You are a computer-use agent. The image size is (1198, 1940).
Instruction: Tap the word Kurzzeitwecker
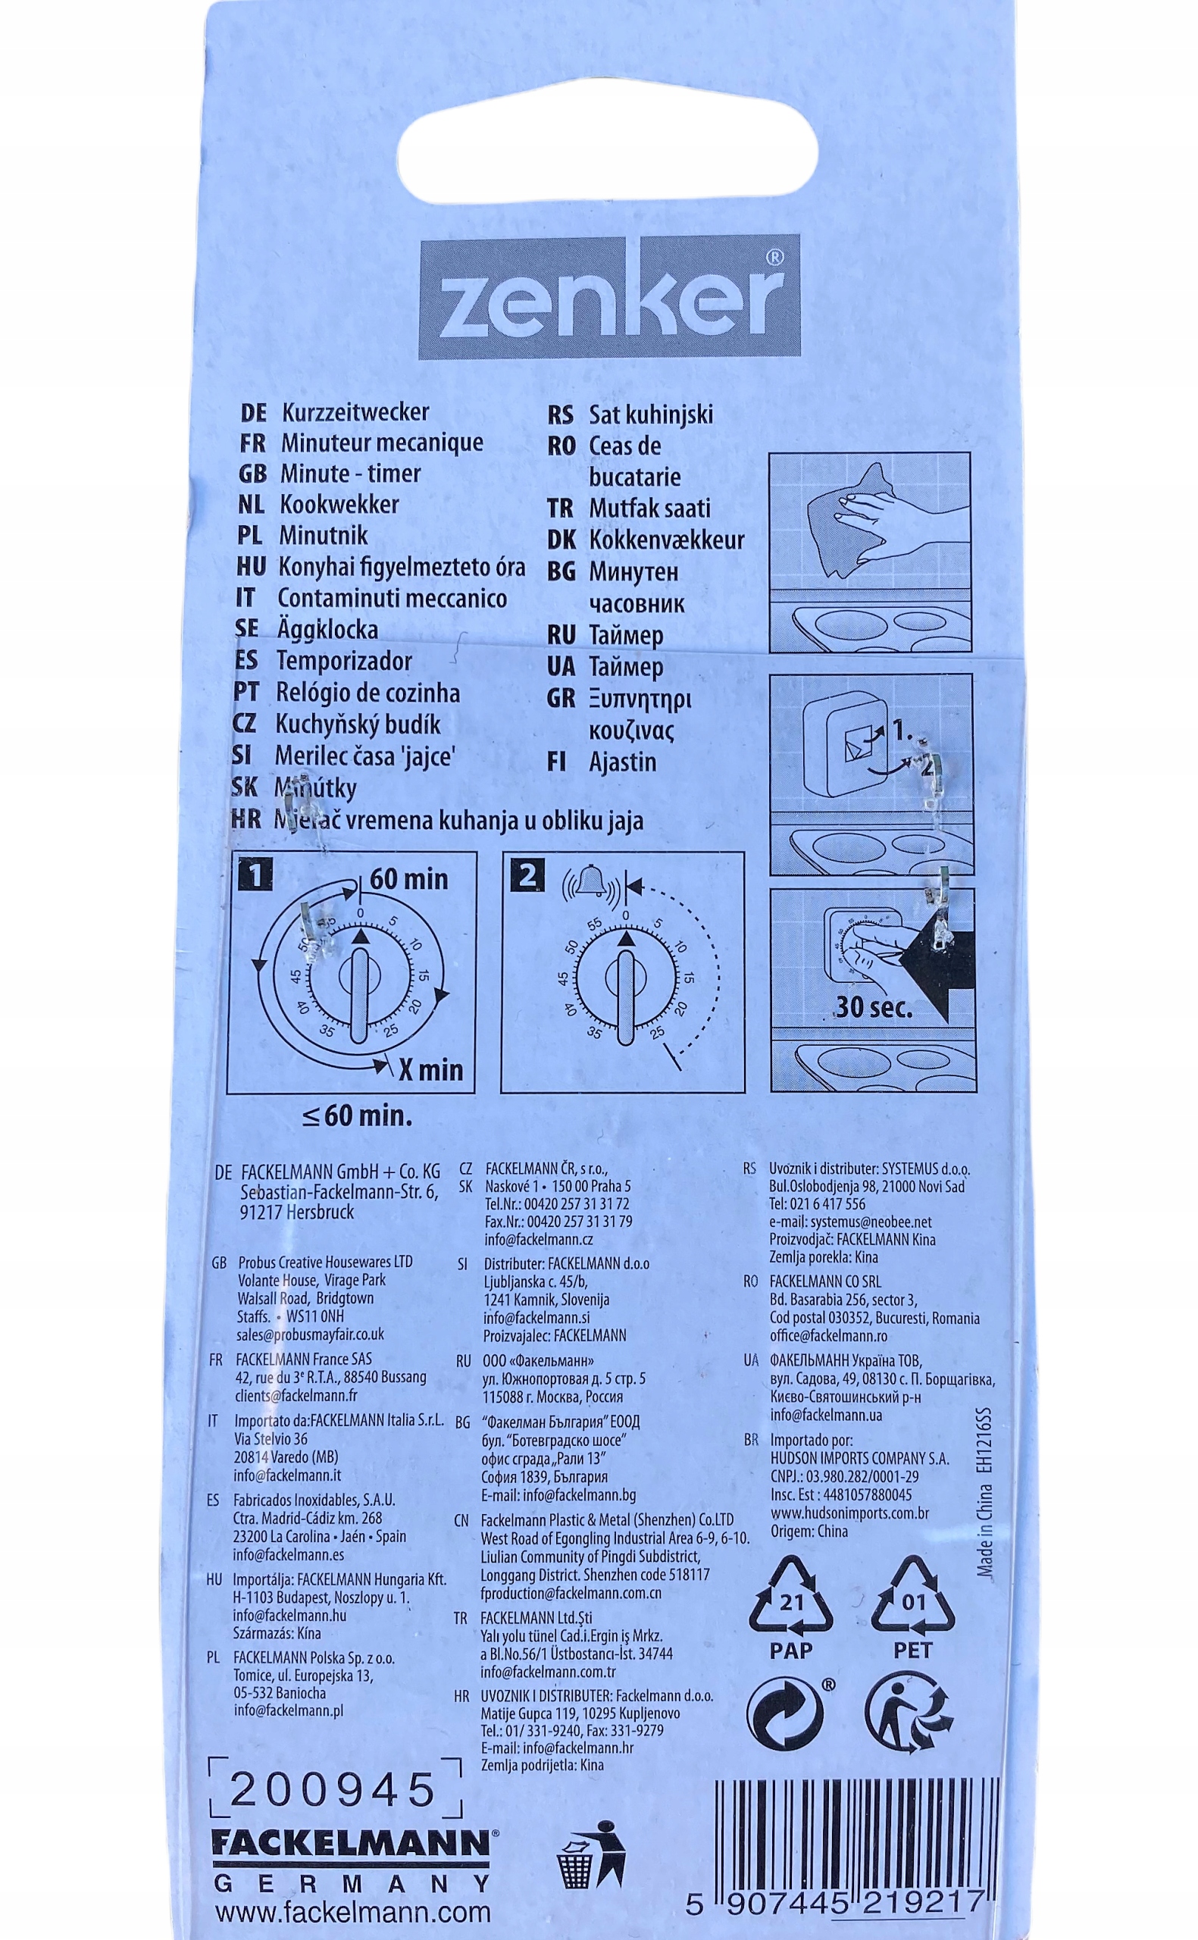355,412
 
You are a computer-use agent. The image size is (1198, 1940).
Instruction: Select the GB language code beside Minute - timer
252,474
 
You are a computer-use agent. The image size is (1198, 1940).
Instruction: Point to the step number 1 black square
255,875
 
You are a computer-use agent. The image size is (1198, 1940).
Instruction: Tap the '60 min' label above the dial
409,879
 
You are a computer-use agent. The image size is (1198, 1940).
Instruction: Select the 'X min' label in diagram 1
430,1070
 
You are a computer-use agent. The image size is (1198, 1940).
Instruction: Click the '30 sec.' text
873,1007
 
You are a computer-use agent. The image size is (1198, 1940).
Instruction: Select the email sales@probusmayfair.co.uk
310,1335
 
